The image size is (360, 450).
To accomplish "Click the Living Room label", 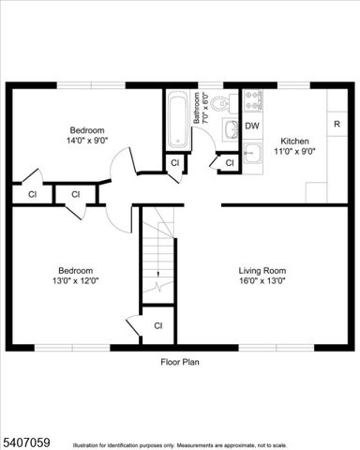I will click(x=262, y=269).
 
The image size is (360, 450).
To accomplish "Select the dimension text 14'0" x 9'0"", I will click(x=85, y=140).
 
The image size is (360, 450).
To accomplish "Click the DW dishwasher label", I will click(x=252, y=126).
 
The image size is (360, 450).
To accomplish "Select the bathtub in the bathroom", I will click(x=178, y=119).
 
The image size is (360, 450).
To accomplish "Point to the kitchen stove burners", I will click(x=253, y=98).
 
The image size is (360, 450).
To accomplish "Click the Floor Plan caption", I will click(x=180, y=361).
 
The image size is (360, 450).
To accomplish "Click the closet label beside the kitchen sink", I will click(x=229, y=164).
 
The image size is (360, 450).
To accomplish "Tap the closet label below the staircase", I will click(x=157, y=325).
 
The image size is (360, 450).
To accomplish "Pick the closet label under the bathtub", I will click(x=174, y=164).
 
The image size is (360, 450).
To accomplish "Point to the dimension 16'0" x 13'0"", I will click(x=262, y=279).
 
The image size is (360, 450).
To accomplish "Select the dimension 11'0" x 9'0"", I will click(x=292, y=151).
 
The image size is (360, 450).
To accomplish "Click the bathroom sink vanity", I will click(x=230, y=129).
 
